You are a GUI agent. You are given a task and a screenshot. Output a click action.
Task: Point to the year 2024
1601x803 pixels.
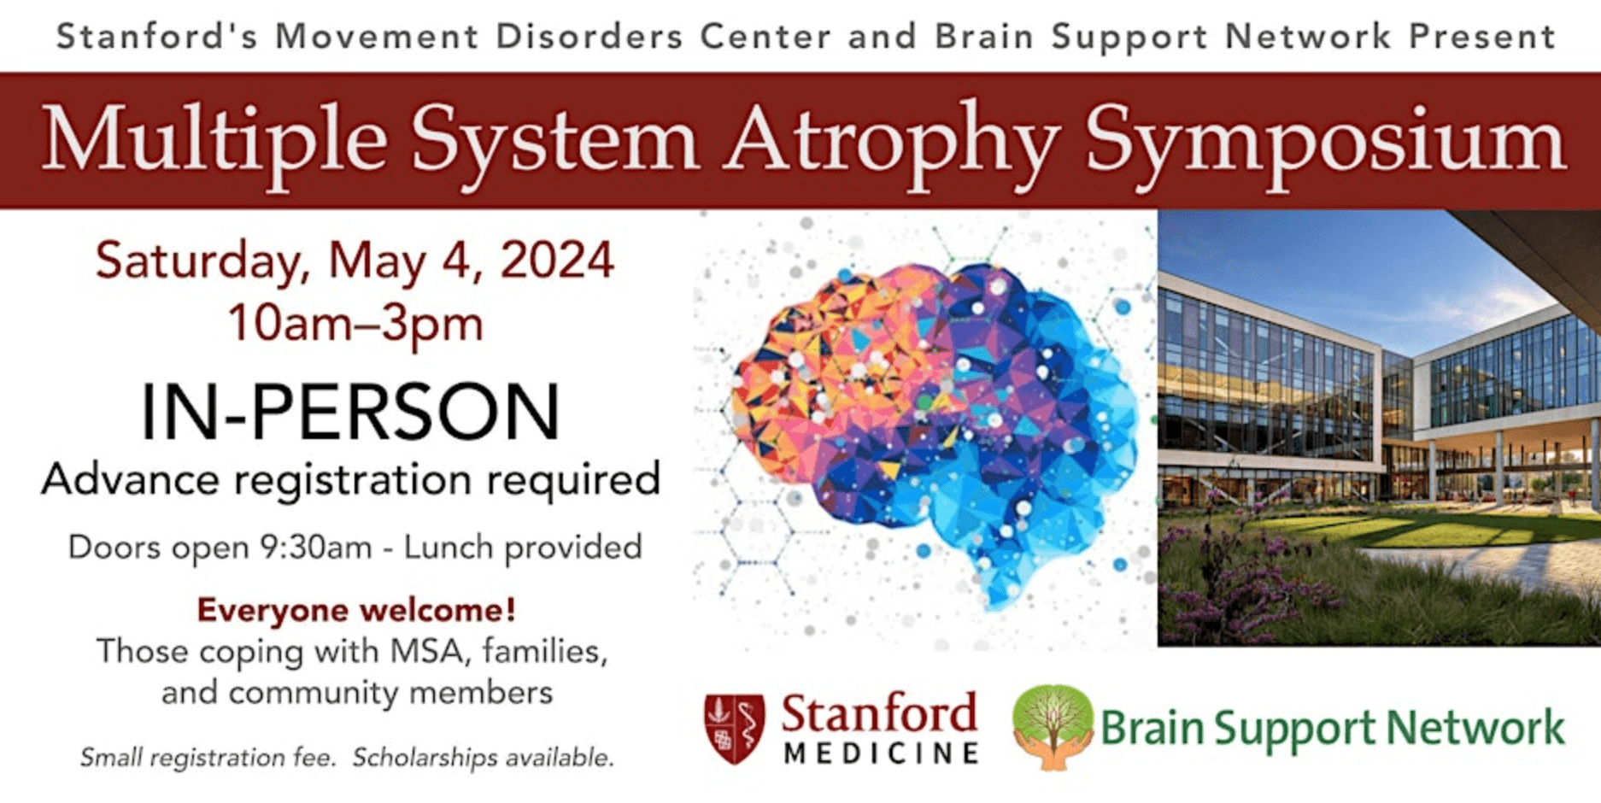(557, 261)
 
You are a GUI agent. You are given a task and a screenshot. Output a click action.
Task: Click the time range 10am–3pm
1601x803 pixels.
(355, 325)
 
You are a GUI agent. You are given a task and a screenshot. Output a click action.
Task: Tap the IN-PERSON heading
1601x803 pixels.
(350, 413)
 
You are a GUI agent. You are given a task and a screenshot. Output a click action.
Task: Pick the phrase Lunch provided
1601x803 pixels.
(523, 548)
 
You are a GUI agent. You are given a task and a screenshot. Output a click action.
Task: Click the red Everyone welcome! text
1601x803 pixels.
(356, 610)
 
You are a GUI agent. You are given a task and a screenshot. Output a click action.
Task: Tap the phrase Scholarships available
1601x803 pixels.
(484, 758)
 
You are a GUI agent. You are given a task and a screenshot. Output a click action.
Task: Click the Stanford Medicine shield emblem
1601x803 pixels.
(734, 728)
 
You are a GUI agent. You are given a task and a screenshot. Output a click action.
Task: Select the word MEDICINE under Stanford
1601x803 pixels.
(881, 753)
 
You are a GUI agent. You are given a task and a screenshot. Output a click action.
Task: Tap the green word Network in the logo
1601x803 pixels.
(1475, 728)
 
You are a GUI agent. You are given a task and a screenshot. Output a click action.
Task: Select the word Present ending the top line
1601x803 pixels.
(1481, 37)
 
